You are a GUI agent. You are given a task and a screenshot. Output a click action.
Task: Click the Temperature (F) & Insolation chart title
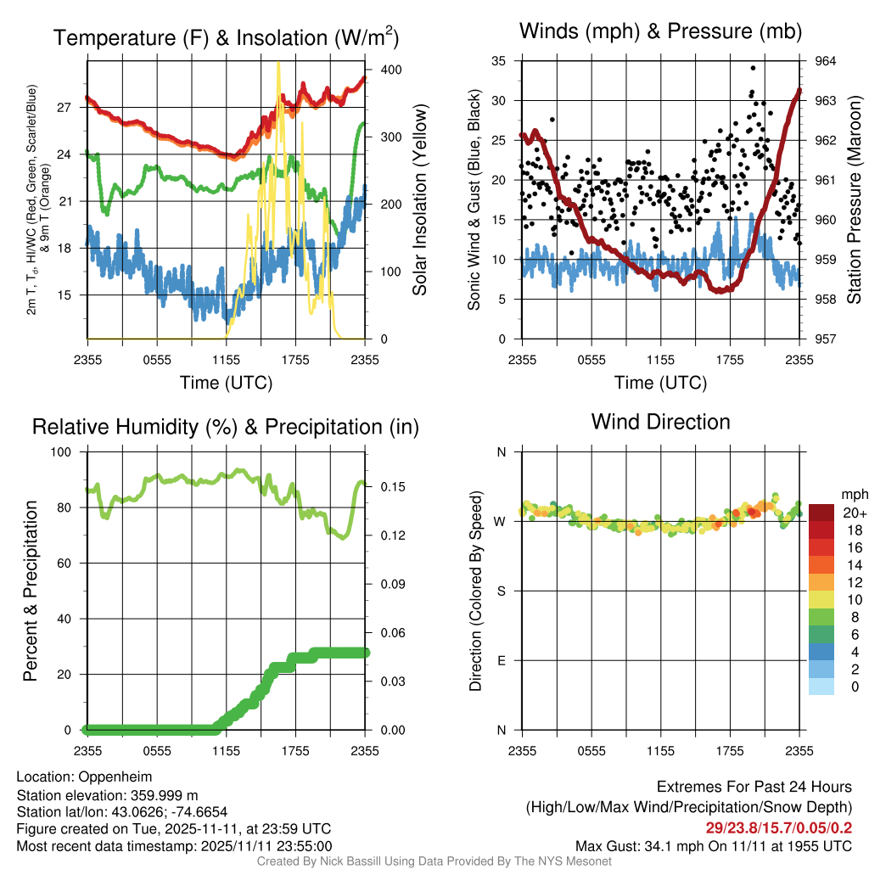click(226, 37)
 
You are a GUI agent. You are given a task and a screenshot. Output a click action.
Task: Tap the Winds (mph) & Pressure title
click(660, 31)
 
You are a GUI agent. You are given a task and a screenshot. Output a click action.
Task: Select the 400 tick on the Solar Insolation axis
click(391, 70)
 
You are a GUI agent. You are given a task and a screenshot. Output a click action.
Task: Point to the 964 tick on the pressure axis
click(825, 61)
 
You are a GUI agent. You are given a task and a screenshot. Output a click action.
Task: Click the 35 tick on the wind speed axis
click(498, 61)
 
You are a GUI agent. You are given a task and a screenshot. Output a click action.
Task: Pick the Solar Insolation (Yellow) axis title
click(420, 199)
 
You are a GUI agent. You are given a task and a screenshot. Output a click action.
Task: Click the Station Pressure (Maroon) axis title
click(854, 199)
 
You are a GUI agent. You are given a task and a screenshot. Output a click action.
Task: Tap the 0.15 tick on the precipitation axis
click(393, 486)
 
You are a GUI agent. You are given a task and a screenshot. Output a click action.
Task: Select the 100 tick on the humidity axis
click(61, 451)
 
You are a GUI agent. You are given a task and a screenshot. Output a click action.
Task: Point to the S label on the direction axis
click(501, 591)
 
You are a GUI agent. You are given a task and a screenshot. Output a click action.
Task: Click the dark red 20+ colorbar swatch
click(821, 513)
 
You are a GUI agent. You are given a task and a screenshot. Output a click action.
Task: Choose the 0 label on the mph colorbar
click(855, 687)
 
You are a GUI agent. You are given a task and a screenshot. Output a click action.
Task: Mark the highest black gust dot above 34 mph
click(753, 68)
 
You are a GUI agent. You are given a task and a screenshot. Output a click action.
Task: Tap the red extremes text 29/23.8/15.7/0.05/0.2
click(779, 828)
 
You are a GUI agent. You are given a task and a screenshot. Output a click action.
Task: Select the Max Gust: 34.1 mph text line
click(713, 846)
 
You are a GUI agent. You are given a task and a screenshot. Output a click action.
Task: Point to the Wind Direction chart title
click(660, 422)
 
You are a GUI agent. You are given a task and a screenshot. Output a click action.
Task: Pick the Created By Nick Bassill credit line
click(434, 861)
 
